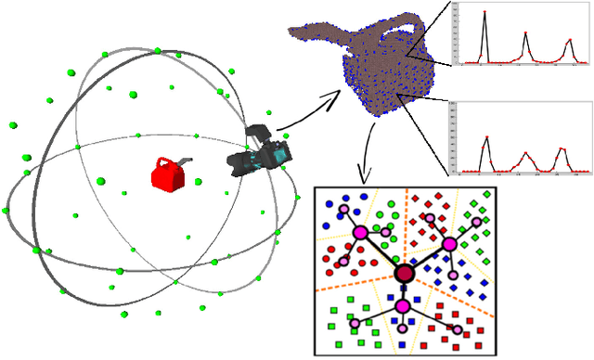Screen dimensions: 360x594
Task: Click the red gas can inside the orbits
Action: (x=168, y=175)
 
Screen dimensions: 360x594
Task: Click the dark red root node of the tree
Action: (x=404, y=273)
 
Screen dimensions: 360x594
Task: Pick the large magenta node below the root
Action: (x=403, y=306)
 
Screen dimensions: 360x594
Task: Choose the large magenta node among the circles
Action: (x=360, y=233)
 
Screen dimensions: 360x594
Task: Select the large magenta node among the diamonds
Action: (x=450, y=244)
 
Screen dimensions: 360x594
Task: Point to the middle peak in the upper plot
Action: (x=525, y=34)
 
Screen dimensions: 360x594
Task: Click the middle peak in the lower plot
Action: (x=525, y=153)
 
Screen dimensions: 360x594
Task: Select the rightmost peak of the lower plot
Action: (x=562, y=149)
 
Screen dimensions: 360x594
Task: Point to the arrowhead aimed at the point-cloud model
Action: (x=337, y=93)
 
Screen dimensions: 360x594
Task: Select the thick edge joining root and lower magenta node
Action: (x=403, y=289)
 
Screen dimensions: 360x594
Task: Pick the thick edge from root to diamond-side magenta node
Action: (x=427, y=258)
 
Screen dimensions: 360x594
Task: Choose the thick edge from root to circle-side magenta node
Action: (x=381, y=252)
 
